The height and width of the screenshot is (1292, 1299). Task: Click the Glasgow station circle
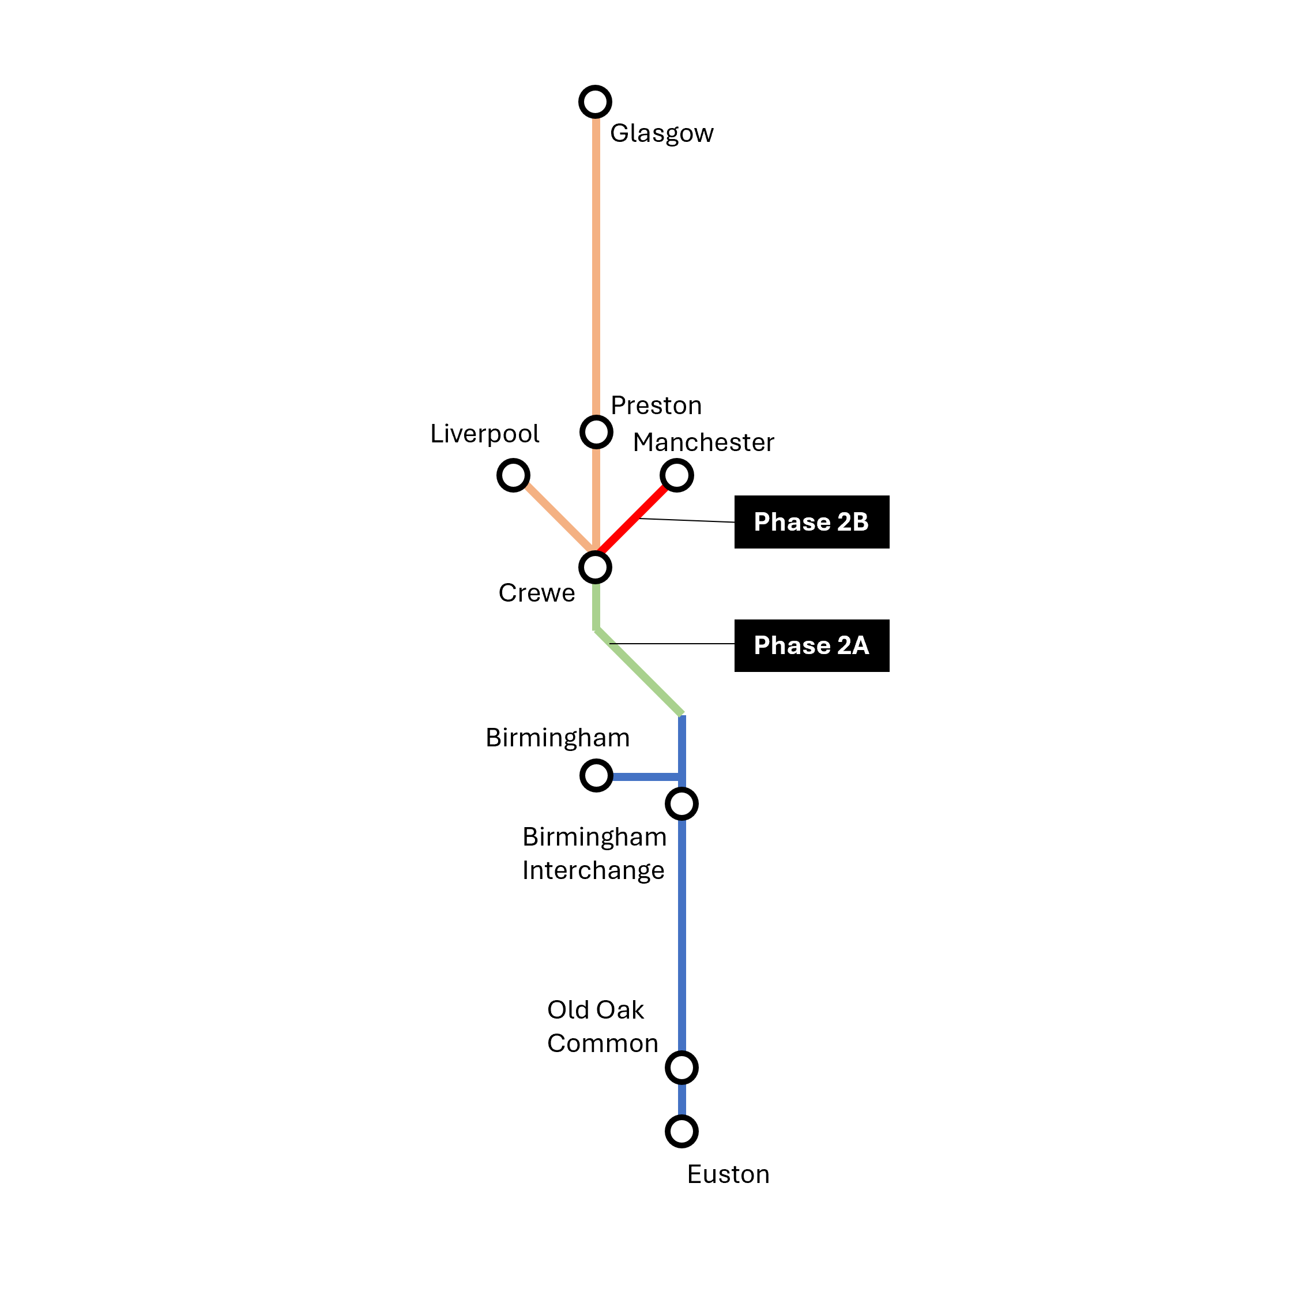coord(595,102)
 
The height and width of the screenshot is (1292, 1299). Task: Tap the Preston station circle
coord(596,432)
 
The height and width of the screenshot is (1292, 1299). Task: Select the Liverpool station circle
coord(513,475)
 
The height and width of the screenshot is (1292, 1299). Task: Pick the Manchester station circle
coord(676,475)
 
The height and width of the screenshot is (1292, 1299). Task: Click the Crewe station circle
coord(595,567)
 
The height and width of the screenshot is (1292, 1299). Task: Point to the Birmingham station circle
coord(596,775)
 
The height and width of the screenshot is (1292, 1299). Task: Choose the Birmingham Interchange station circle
coord(681,803)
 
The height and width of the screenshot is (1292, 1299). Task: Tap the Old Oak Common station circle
coord(681,1068)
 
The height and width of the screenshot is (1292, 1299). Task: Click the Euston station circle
coord(681,1131)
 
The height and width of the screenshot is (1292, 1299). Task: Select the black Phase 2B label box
coord(812,522)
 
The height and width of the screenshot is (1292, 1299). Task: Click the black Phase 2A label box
coord(812,645)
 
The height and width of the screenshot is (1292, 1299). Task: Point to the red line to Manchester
coord(632,519)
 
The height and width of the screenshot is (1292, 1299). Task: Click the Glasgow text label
coord(661,133)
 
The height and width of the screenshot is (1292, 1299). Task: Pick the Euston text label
coord(728,1174)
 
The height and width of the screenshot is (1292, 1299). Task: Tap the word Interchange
coord(593,870)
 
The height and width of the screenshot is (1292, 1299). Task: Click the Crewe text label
coord(537,593)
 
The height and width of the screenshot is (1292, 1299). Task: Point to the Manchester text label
coord(703,442)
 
